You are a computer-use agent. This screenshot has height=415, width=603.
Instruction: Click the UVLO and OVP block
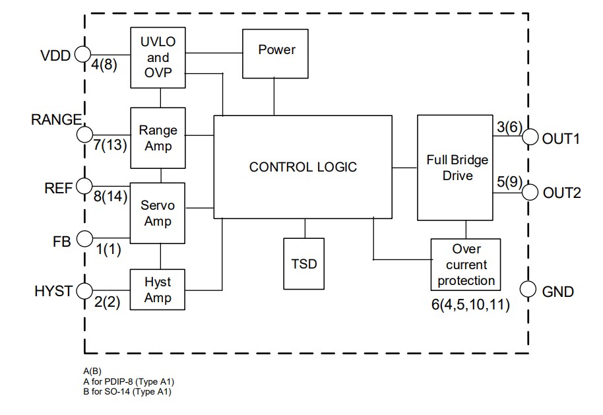tap(158, 57)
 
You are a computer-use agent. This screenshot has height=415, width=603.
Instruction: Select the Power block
tap(276, 50)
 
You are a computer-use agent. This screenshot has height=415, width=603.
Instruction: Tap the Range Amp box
tap(158, 138)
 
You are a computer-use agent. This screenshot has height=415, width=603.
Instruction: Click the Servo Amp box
tap(158, 213)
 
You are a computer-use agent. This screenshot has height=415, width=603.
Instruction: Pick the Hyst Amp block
tap(158, 290)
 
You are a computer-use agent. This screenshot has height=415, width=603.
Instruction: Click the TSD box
tap(304, 264)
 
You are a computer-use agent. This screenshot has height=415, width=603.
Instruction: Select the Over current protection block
tap(466, 265)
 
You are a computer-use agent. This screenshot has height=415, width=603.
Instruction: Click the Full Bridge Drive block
tap(457, 168)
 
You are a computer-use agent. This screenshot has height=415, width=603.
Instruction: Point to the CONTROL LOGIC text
tap(303, 167)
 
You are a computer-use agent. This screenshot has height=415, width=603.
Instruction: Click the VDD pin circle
tap(83, 55)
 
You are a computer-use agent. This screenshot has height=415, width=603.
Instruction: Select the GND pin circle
tap(528, 290)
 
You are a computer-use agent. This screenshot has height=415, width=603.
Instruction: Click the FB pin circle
tap(84, 239)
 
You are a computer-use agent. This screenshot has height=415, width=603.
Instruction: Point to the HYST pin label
tap(53, 291)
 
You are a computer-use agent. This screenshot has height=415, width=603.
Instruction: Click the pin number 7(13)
tap(110, 145)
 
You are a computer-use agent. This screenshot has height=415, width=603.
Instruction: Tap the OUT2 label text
tap(561, 193)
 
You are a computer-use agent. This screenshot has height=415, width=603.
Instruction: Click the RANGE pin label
tap(56, 119)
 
